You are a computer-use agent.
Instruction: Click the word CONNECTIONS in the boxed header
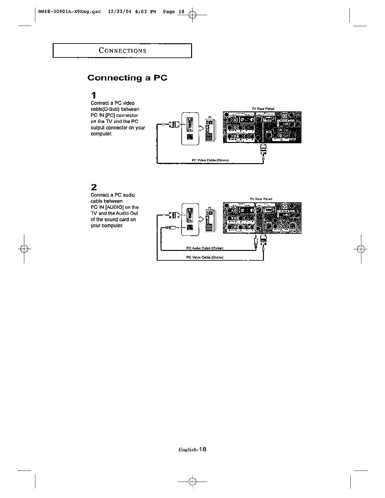pos(122,50)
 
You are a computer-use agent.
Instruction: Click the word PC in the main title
pos(160,78)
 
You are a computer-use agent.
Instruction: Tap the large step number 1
pos(93,95)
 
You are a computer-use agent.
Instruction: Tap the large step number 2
pos(94,187)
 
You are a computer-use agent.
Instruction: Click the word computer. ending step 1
pos(101,134)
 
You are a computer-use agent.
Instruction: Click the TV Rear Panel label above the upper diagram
pos(263,109)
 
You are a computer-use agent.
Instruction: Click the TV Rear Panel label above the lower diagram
pos(261,199)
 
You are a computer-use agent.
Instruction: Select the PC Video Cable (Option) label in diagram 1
pos(210,160)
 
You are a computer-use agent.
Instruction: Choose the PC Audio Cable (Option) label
pos(205,248)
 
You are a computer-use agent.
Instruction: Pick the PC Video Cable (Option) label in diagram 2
pos(205,257)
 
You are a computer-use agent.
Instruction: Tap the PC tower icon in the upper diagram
pos(209,129)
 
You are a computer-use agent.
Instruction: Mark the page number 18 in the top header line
pos(181,12)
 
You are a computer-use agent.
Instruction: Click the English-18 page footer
pos(192,450)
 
